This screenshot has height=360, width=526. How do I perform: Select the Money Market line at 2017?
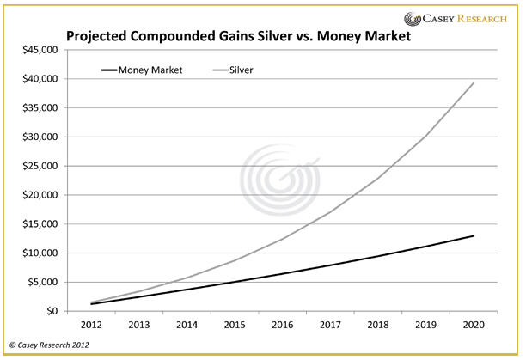330,265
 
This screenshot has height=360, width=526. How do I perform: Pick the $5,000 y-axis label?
39,282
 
